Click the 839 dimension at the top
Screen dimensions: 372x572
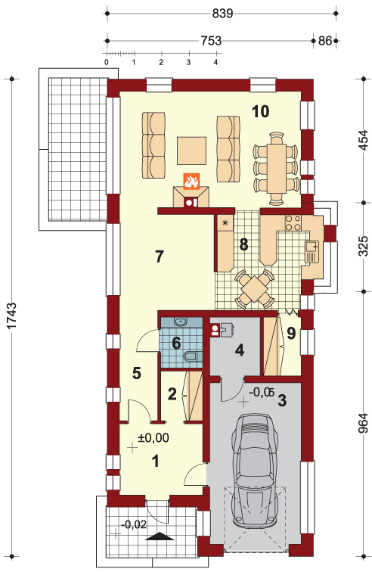(x=222, y=14)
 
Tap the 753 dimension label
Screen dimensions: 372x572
(x=211, y=41)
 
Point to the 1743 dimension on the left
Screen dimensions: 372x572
(x=11, y=316)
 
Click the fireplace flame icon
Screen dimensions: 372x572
(x=191, y=181)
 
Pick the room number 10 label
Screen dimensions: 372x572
(x=261, y=111)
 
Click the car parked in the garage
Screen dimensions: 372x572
(x=254, y=471)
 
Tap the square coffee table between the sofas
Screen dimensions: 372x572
(x=191, y=150)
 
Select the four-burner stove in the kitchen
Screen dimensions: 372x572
(x=293, y=223)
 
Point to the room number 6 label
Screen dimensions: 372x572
(x=176, y=344)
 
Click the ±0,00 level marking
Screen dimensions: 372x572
(x=153, y=437)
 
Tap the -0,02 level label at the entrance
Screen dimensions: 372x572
(x=134, y=524)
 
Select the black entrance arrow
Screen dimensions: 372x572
(x=159, y=536)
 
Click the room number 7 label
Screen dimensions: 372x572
(x=159, y=256)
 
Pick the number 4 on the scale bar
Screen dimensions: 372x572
(x=216, y=62)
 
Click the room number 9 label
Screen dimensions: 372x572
(x=291, y=334)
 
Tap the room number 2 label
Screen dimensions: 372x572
(x=172, y=393)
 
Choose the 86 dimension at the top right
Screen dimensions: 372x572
(x=325, y=41)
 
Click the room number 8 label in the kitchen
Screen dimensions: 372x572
(x=243, y=245)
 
